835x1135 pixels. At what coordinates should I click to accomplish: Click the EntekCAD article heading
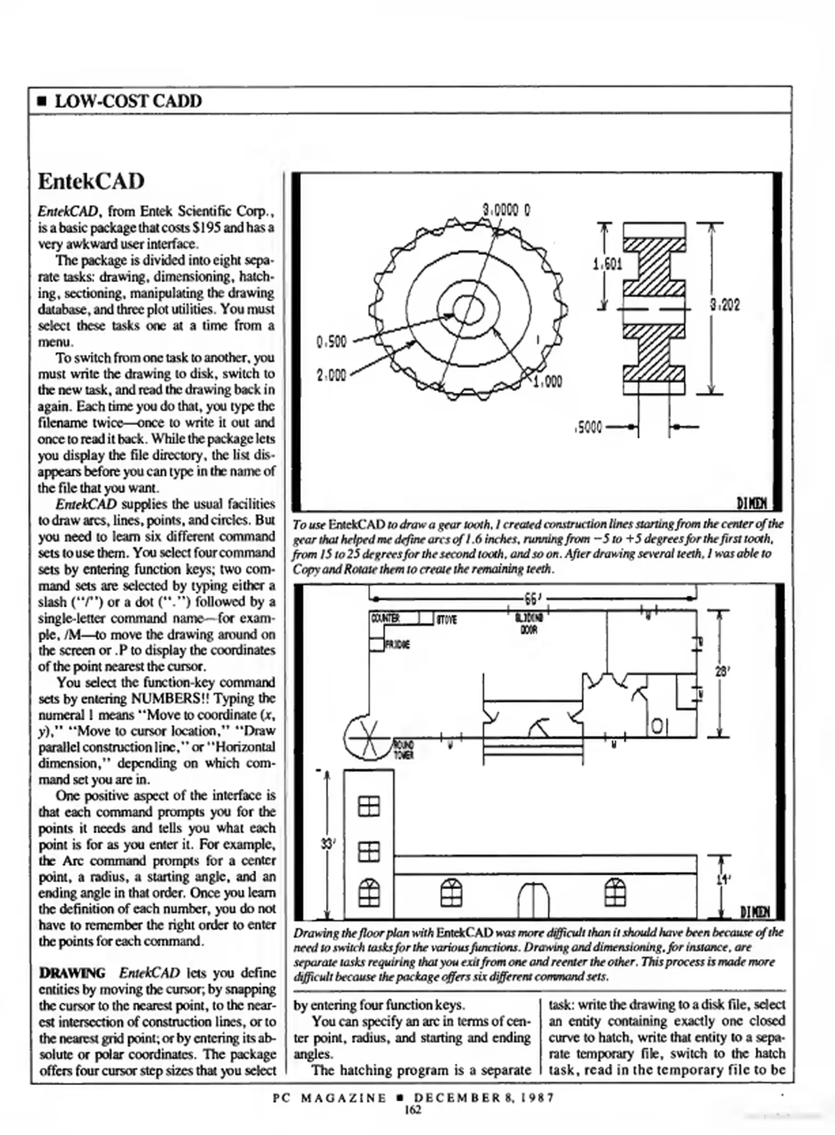point(91,182)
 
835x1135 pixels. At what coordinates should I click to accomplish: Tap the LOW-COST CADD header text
point(128,101)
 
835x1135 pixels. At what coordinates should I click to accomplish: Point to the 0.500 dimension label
point(332,342)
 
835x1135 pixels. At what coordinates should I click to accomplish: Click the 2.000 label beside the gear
point(331,375)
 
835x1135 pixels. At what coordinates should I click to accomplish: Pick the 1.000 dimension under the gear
point(548,382)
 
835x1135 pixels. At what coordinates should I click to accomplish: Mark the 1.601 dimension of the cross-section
point(607,264)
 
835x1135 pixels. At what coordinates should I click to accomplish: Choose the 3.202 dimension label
point(725,305)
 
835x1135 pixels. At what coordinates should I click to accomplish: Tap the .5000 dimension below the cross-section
point(589,427)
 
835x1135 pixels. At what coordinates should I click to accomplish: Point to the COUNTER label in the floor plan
point(385,618)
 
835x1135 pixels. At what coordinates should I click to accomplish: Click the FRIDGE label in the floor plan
point(398,645)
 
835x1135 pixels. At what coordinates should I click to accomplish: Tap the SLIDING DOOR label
point(529,623)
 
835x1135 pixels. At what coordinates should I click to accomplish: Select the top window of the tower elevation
point(369,806)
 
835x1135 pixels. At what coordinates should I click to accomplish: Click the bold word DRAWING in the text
point(72,973)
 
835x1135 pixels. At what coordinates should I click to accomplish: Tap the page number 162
point(413,1109)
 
